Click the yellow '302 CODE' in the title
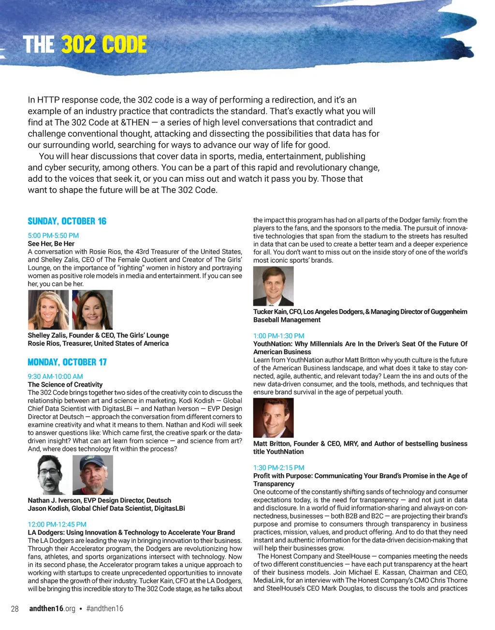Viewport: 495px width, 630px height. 104,45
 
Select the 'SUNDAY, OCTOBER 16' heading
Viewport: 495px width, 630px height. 67,221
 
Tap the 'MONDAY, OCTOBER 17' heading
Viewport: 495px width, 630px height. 67,362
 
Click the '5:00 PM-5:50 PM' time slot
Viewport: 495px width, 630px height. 53,236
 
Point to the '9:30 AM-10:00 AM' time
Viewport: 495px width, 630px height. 55,376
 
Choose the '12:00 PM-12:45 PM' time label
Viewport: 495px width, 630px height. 57,524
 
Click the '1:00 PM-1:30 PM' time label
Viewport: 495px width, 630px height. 279,336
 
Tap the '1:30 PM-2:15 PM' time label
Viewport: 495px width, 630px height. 279,467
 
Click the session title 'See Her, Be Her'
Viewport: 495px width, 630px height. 51,244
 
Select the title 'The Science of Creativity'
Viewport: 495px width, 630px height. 65,385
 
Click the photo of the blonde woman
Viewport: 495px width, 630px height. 48,310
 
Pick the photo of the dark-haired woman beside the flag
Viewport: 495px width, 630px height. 92,310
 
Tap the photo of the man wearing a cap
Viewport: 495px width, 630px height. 92,475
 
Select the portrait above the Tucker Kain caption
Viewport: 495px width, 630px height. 273,286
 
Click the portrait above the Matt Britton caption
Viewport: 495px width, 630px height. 273,418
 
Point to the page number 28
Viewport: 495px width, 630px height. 15,609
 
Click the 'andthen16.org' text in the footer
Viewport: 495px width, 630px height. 52,609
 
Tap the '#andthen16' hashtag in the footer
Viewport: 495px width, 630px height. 105,609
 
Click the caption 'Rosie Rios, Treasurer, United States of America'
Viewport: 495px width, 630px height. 98,344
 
